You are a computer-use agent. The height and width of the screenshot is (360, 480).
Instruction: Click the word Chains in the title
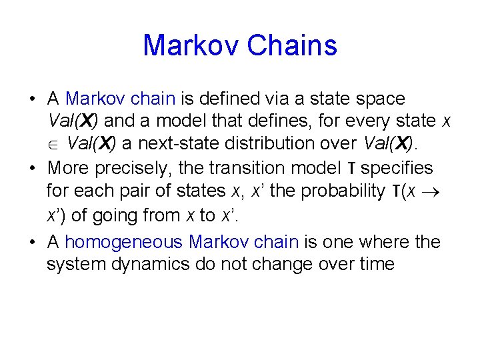click(292, 45)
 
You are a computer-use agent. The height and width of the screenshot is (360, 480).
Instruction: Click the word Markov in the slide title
click(191, 45)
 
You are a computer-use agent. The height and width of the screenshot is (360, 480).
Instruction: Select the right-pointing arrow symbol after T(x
click(438, 192)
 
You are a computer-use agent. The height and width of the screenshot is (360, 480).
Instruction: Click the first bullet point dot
click(32, 99)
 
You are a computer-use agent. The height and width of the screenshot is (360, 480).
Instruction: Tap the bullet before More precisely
click(32, 168)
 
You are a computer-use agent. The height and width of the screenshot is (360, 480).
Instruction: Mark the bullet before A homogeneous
click(32, 241)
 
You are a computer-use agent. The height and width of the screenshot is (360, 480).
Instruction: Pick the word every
click(351, 121)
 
